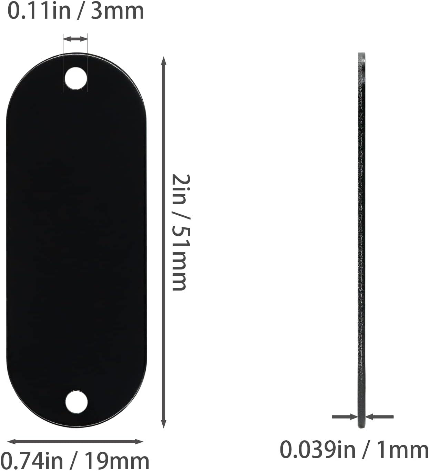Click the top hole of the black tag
[x=76, y=79]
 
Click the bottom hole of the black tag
[x=76, y=402]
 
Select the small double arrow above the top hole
[x=76, y=39]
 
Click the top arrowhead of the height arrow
[x=164, y=61]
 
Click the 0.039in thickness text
[x=317, y=450]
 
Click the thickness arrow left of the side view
[x=345, y=417]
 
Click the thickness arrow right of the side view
[x=379, y=417]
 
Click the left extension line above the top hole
[x=63, y=62]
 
